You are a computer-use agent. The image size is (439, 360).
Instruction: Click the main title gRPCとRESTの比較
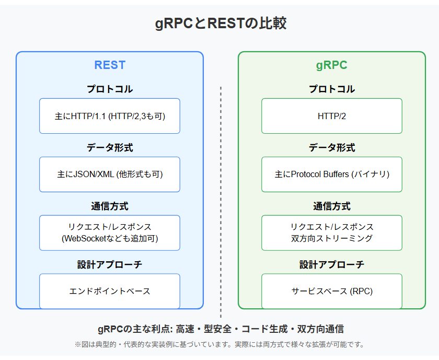(220, 24)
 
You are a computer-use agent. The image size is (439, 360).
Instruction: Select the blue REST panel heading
(110, 65)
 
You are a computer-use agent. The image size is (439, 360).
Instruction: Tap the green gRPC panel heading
(331, 65)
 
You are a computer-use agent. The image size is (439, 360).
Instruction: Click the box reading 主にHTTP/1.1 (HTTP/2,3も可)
(110, 116)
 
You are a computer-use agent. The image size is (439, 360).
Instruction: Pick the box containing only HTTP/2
(331, 116)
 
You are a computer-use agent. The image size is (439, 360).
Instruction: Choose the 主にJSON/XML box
(110, 174)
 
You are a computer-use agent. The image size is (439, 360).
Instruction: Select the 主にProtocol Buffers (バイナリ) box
(331, 174)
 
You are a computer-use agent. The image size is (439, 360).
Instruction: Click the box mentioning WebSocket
(110, 233)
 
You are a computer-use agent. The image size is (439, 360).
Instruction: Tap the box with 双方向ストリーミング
(331, 233)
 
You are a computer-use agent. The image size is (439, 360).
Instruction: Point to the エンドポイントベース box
(110, 291)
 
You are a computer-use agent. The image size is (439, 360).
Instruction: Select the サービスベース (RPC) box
(331, 291)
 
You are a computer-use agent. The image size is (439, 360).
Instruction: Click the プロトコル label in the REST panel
(110, 89)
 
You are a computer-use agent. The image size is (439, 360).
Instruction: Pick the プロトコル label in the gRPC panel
(331, 89)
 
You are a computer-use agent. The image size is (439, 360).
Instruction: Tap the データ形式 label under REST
(110, 148)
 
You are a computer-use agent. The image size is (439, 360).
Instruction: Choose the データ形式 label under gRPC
(331, 148)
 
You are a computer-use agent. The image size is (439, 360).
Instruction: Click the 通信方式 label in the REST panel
(110, 206)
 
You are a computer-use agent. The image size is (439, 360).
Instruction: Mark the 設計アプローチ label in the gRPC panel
(331, 265)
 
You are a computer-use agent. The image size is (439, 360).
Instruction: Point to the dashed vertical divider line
(221, 199)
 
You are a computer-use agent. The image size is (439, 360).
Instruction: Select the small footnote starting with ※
(219, 345)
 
